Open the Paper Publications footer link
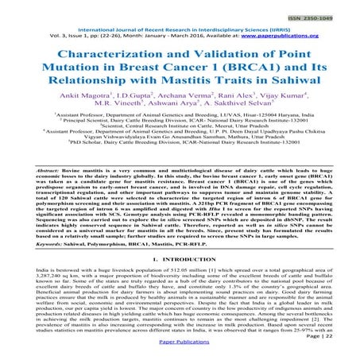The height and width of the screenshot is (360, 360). tap(181, 350)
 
